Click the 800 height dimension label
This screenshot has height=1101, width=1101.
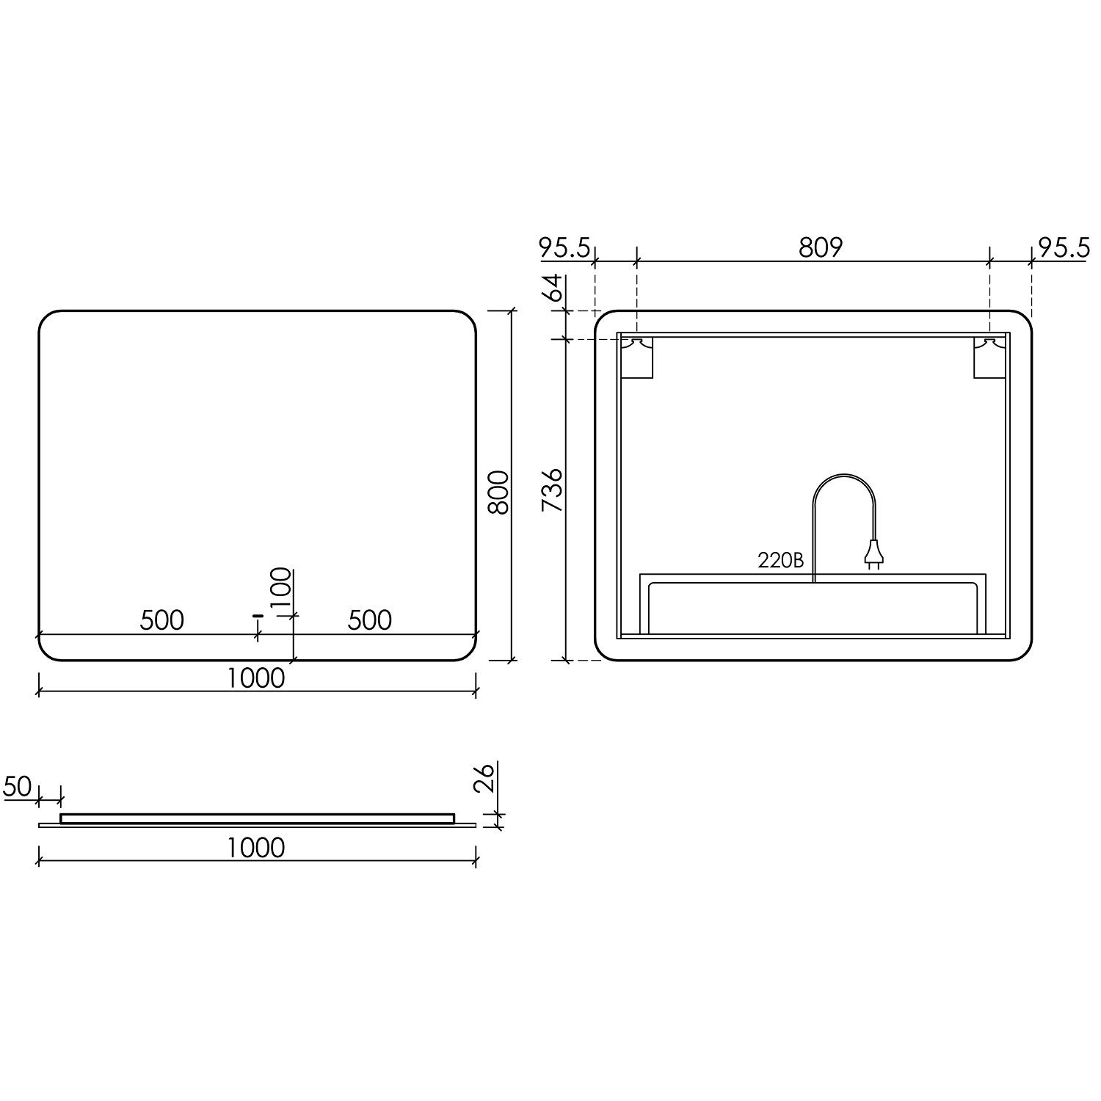[498, 492]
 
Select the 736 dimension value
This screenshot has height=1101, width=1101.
[552, 490]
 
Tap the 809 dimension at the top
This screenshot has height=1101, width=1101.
[821, 248]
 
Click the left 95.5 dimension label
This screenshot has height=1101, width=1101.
[565, 248]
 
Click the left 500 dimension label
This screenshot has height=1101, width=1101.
[162, 620]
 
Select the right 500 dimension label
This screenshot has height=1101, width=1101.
[370, 620]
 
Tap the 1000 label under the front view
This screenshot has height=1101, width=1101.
[255, 677]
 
